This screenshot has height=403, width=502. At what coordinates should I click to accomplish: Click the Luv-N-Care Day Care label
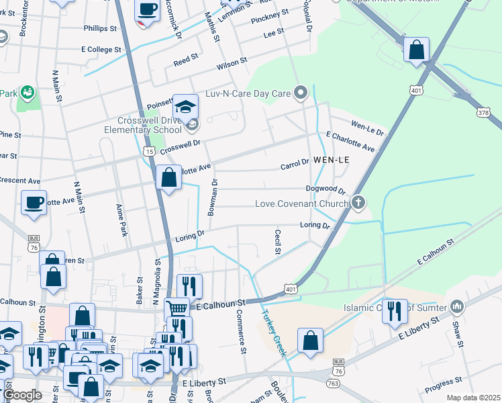click(x=248, y=93)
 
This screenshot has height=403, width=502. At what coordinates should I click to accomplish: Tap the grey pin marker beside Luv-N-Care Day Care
click(x=302, y=93)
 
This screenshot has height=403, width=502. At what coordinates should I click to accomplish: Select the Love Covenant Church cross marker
click(x=359, y=202)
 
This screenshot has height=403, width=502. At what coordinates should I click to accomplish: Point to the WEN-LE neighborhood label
click(x=331, y=161)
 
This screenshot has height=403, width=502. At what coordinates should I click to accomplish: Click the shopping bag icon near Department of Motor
click(x=416, y=50)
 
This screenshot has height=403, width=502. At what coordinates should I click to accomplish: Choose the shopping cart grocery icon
click(x=177, y=308)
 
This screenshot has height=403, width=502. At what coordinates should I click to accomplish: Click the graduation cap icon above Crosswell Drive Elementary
click(x=185, y=106)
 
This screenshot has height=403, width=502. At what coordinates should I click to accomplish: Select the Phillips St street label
click(x=100, y=28)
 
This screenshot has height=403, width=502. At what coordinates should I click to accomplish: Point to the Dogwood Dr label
click(x=325, y=190)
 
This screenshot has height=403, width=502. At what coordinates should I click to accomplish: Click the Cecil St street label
click(x=277, y=242)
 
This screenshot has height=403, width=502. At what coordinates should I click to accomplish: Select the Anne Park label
click(x=121, y=220)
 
